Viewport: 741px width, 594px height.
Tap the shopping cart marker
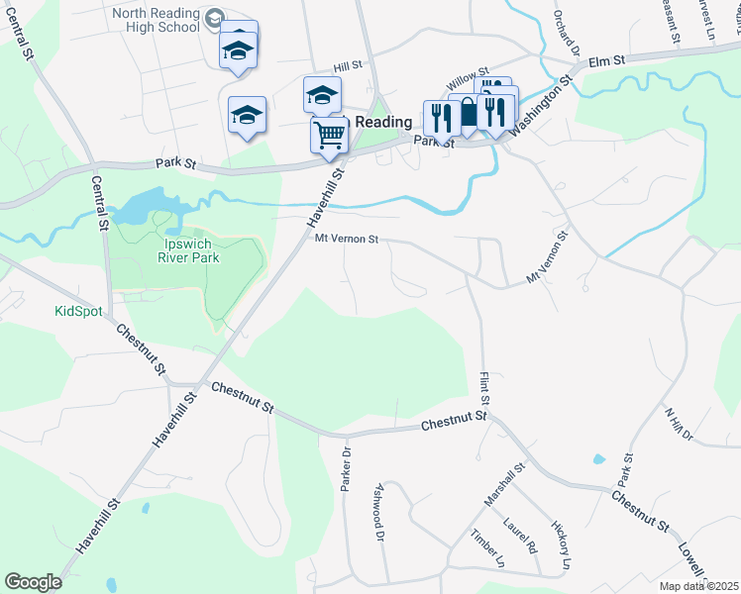click(329, 134)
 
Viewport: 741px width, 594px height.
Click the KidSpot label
click(78, 311)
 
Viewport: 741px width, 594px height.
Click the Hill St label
click(347, 65)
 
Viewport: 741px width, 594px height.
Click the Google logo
click(33, 581)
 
